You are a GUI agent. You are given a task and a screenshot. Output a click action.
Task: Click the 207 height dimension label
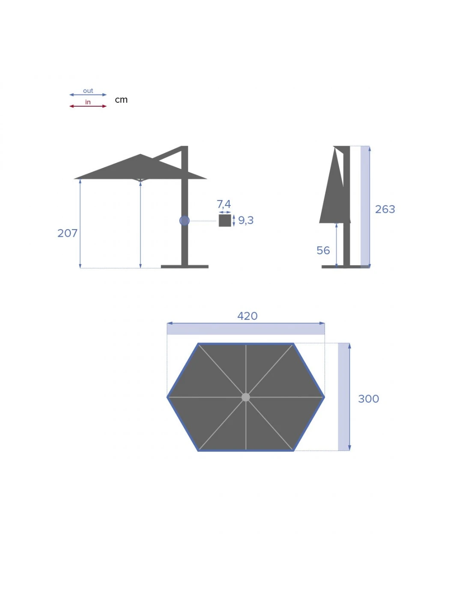pyautogui.click(x=67, y=233)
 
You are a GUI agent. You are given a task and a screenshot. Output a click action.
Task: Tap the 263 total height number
pyautogui.click(x=385, y=209)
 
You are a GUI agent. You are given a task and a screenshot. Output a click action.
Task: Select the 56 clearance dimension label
pyautogui.click(x=323, y=250)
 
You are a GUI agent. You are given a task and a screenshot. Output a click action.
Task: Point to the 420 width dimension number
pyautogui.click(x=247, y=316)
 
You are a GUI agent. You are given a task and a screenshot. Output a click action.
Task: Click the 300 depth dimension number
pyautogui.click(x=368, y=399)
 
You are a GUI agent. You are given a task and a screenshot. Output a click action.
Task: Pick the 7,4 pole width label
pyautogui.click(x=224, y=204)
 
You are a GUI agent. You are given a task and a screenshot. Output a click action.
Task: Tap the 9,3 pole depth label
pyautogui.click(x=246, y=220)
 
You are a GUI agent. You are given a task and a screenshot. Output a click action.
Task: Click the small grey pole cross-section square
pyautogui.click(x=225, y=220)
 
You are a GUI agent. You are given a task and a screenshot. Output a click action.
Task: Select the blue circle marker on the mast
pyautogui.click(x=184, y=221)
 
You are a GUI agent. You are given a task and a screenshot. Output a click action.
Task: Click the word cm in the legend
pyautogui.click(x=121, y=100)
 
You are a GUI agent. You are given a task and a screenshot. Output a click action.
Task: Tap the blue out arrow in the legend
pyautogui.click(x=88, y=95)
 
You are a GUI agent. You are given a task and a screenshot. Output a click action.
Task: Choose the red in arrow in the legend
pyautogui.click(x=88, y=106)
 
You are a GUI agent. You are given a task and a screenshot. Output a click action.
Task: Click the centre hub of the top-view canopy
pyautogui.click(x=245, y=397)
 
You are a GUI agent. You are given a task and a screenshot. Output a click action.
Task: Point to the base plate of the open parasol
pyautogui.click(x=185, y=266)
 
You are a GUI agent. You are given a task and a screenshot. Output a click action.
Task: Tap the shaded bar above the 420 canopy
pyautogui.click(x=245, y=329)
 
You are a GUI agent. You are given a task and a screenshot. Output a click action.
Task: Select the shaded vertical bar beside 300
pyautogui.click(x=343, y=397)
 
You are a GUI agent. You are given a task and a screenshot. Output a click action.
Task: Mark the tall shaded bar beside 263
pyautogui.click(x=364, y=206)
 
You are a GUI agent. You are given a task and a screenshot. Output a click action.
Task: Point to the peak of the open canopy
pyautogui.click(x=140, y=155)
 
